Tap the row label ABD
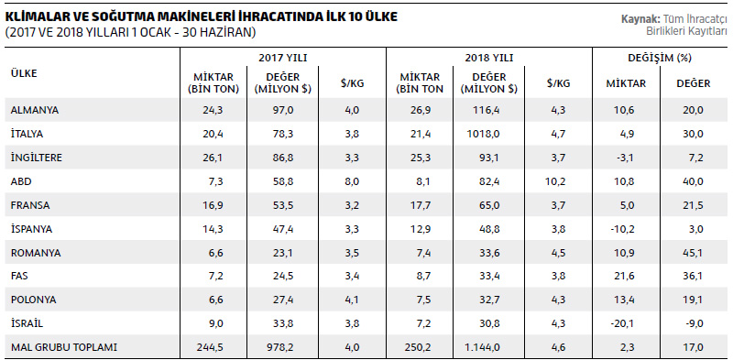pos(20,181)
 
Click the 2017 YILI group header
pos(283,58)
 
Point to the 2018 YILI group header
pos(489,58)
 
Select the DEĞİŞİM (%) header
pos(660,58)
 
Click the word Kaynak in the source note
pos(640,19)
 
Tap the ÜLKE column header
pos(24,73)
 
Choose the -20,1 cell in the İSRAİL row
pos(626,323)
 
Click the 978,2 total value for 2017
pos(283,347)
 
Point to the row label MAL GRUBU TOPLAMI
pos(63,347)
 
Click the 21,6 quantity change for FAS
pos(626,277)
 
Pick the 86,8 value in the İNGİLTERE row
pos(283,158)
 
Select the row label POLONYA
pos(29,300)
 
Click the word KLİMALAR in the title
pos(34,16)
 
